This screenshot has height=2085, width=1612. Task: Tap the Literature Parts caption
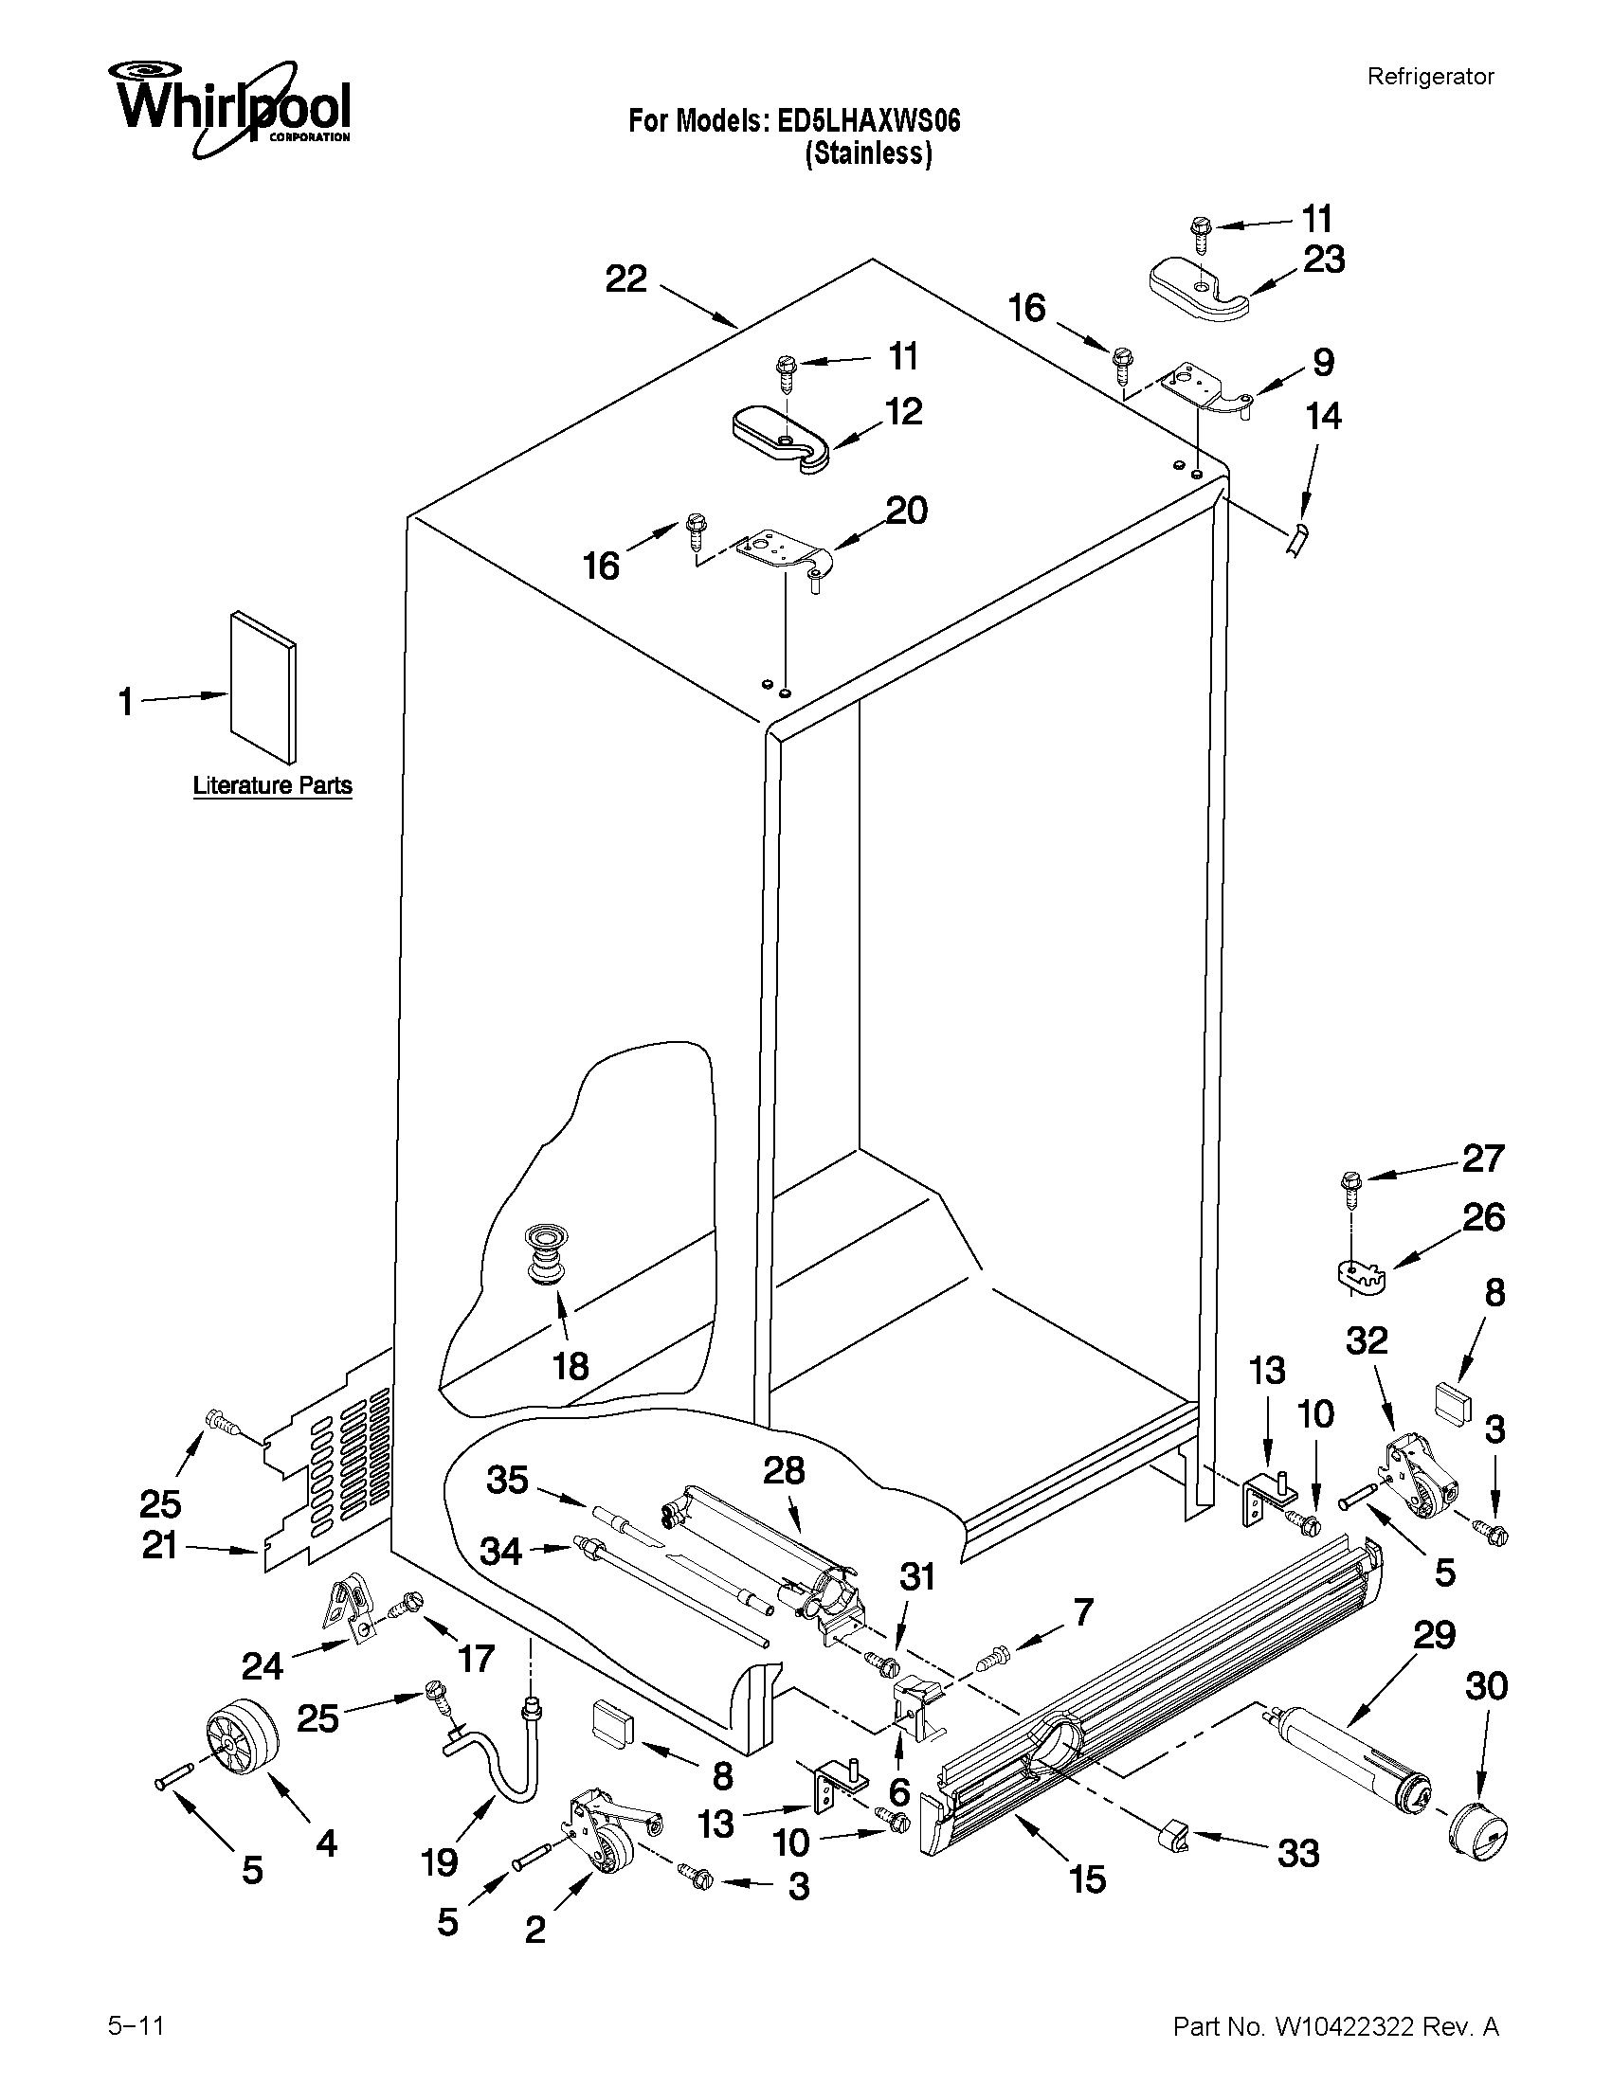(272, 785)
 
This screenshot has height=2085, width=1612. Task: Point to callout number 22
(626, 279)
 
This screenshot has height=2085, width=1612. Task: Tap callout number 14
(1324, 416)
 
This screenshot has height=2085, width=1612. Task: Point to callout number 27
(1483, 1158)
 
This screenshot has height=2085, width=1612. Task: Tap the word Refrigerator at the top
(1430, 77)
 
